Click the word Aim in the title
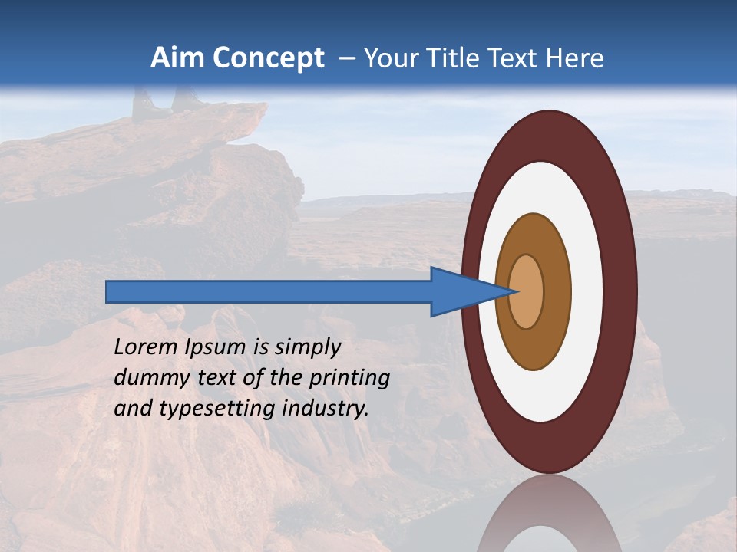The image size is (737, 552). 178,58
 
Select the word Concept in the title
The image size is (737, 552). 269,59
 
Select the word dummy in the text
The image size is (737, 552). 150,378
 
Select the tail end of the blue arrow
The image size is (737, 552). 111,291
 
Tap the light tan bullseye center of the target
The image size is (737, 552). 527,291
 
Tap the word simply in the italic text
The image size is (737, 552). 307,347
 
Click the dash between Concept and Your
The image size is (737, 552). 347,59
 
